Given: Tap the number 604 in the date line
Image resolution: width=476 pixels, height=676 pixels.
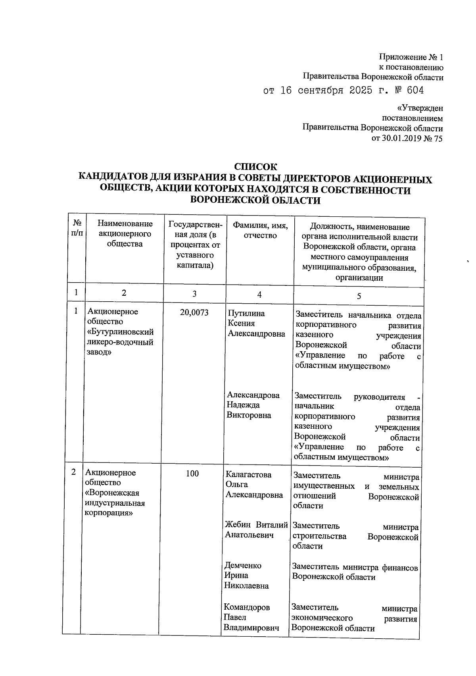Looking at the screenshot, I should tap(415, 91).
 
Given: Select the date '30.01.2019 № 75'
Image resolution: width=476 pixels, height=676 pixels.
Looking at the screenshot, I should tap(407, 139).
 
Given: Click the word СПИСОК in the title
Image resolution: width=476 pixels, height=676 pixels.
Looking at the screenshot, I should tap(255, 167).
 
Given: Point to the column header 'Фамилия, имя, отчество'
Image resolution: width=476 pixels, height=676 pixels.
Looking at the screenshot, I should tap(260, 231).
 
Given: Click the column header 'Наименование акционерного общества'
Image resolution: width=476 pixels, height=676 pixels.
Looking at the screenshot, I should tap(125, 234).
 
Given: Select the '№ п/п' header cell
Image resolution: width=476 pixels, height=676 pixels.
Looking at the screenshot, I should tap(77, 229).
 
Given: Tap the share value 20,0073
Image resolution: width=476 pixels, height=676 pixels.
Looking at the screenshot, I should tap(194, 312).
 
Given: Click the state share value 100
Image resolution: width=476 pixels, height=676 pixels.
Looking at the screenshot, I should tap(192, 473).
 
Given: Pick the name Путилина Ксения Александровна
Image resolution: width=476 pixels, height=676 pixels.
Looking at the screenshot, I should tap(256, 324).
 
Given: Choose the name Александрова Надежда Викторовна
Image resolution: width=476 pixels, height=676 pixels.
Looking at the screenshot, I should tap(253, 405).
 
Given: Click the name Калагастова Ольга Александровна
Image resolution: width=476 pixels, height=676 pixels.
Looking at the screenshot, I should tap(254, 485).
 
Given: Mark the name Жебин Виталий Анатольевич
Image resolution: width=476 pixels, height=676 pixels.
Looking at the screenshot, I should tap(256, 530).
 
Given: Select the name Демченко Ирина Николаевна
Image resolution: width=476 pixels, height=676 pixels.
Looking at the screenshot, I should tap(246, 575).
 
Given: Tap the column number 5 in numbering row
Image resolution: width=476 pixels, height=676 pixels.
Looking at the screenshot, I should tap(359, 296).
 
